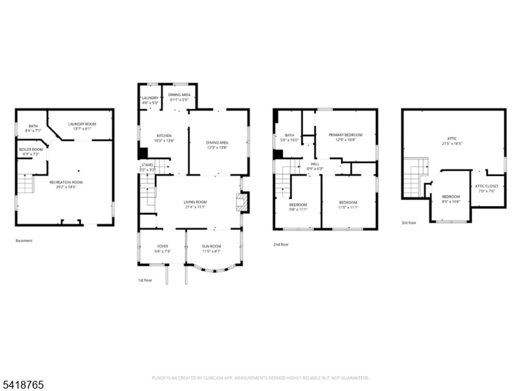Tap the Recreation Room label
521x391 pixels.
[66, 182]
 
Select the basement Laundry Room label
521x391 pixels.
[82, 124]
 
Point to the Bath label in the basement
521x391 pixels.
[33, 126]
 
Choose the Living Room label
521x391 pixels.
[195, 202]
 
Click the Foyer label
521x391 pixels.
[162, 246]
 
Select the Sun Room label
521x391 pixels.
[212, 246]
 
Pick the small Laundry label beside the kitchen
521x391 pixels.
[150, 98]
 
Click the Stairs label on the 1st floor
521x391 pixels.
[147, 165]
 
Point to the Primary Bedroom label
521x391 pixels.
[345, 135]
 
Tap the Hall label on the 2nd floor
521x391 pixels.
[315, 164]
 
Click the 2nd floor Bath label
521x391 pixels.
[290, 135]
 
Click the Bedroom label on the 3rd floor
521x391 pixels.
[451, 197]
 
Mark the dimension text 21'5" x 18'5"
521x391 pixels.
[451, 144]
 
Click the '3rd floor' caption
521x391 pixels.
[409, 222]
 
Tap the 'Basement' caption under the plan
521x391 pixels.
[24, 241]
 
